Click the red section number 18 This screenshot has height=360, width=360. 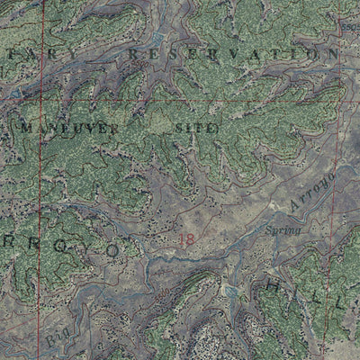click(x=186, y=238)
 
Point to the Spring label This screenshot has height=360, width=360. click(x=282, y=230)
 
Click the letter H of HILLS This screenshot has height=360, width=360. click(x=274, y=287)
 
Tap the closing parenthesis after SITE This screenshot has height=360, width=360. click(x=216, y=129)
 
